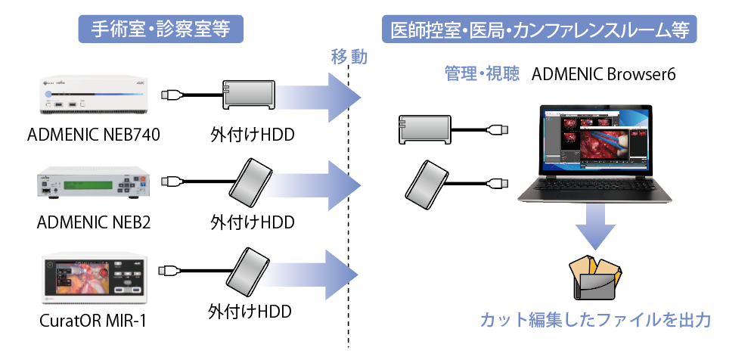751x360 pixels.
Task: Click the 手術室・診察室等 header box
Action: tap(160, 29)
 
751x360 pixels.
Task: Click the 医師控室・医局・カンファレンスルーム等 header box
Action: tap(539, 29)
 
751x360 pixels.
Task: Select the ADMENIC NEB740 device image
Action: tap(95, 98)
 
